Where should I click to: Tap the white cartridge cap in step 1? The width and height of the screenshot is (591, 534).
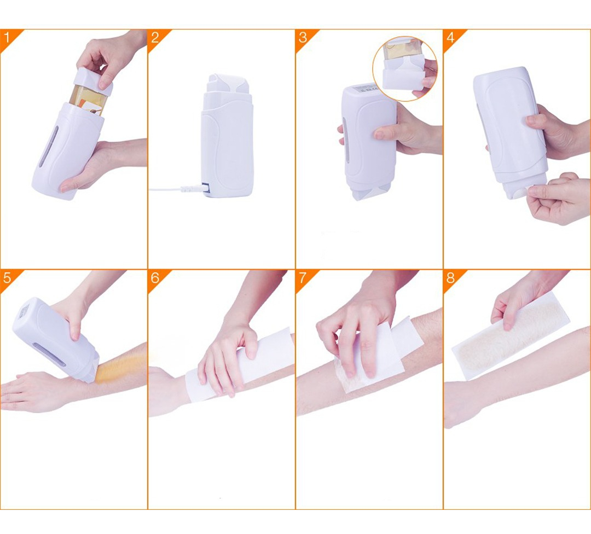[x=92, y=82]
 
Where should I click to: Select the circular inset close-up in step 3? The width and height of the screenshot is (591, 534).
[x=405, y=68]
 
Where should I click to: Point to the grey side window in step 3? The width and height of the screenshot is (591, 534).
[x=345, y=140]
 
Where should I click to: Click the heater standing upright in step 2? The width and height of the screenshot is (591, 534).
[x=227, y=135]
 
